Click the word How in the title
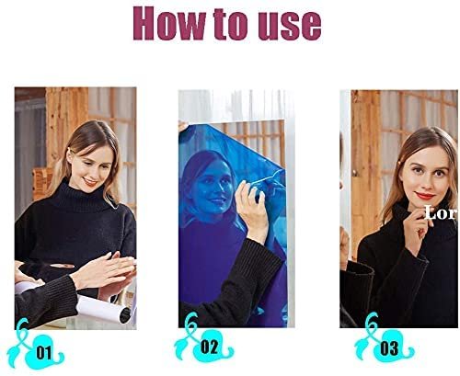pyautogui.click(x=169, y=23)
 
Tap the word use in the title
pyautogui.click(x=289, y=26)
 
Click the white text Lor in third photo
pyautogui.click(x=441, y=213)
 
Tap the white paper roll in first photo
pyautogui.click(x=103, y=310)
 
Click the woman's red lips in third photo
pyautogui.click(x=425, y=196)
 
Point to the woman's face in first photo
pyautogui.click(x=89, y=167)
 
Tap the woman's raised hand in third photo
pyautogui.click(x=417, y=228)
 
